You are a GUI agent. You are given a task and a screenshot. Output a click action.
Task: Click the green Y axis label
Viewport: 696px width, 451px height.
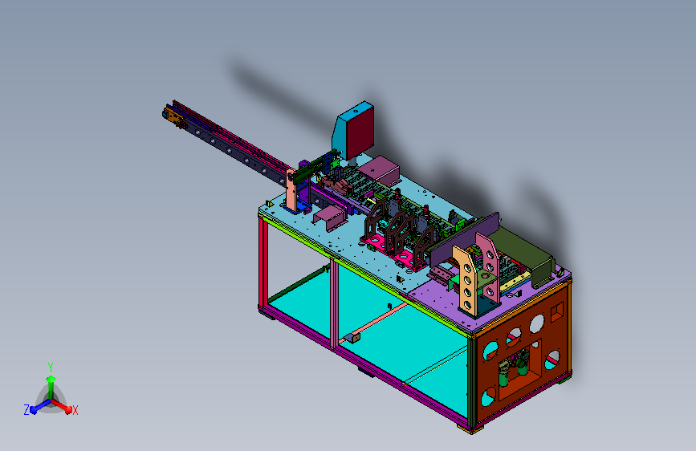(51, 367)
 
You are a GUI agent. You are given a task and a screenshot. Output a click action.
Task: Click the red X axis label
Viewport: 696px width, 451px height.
(75, 410)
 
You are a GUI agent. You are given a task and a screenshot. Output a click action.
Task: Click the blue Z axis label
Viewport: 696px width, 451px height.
(26, 410)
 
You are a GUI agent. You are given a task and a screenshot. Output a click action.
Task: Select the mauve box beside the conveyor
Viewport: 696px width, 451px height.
(380, 170)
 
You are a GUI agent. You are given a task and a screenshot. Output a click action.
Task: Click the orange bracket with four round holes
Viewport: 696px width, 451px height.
(465, 278)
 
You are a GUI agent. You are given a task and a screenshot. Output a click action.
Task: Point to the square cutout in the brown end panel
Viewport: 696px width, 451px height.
(557, 311)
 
